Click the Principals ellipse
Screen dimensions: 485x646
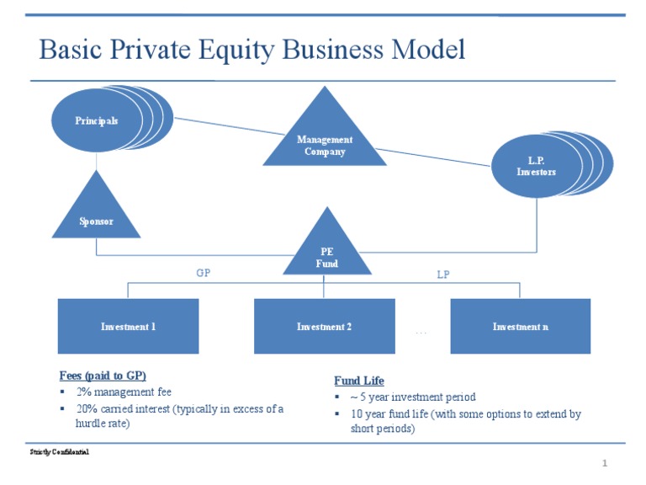(96, 120)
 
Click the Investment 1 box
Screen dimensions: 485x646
(128, 326)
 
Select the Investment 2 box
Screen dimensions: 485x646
(324, 326)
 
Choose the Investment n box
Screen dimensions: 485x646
(520, 326)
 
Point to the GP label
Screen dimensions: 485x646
(203, 273)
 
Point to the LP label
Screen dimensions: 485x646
(443, 274)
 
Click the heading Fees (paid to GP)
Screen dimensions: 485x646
(109, 376)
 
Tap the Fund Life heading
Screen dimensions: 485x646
(359, 381)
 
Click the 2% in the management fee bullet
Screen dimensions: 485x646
(84, 392)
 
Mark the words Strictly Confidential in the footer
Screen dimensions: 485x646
(59, 452)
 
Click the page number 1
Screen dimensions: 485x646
(604, 464)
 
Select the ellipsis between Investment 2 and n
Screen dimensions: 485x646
(421, 333)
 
